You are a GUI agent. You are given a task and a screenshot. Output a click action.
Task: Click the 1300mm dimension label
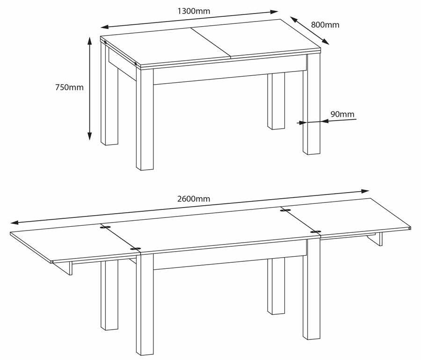pos(194,11)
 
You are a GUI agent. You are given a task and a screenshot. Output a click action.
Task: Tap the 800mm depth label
pos(325,25)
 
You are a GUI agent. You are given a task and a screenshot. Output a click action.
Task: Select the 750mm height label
pos(69,87)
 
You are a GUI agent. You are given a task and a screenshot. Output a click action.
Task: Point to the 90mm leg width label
pos(342,114)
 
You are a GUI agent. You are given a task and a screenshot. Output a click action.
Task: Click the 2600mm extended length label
pos(194,199)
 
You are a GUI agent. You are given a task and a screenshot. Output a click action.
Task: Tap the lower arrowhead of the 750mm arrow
pos(90,136)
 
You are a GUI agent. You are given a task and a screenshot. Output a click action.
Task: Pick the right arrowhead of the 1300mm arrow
pos(274,12)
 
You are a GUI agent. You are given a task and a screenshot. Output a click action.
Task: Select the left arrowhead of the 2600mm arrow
pos(15,223)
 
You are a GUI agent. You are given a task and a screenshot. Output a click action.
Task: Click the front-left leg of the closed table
pos(145,119)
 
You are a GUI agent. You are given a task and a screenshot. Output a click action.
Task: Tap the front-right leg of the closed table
pos(312,104)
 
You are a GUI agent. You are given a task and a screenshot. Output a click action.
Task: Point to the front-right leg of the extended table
pos(312,289)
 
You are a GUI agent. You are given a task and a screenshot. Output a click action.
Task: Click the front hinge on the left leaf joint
pos(136,249)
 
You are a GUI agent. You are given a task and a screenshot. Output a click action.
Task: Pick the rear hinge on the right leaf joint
pos(285,210)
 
